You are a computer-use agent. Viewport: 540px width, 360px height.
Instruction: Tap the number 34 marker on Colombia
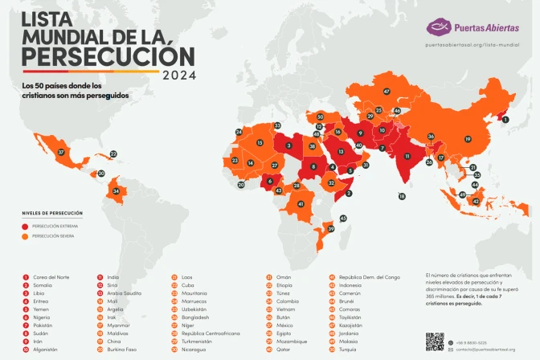pos(117,191)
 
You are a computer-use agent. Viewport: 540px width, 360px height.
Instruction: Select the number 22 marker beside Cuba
pos(113,153)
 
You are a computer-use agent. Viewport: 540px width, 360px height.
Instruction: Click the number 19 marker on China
pos(467,139)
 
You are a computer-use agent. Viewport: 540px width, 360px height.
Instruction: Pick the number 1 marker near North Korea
pos(505,120)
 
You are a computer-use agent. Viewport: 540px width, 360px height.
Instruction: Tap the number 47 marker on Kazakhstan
pos(387,92)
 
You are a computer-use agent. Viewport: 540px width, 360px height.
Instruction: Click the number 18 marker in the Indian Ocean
pos(402,196)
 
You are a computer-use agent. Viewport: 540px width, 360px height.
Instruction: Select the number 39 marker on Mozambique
pos(330,229)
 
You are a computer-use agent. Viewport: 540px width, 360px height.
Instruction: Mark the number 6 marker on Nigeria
pos(269,182)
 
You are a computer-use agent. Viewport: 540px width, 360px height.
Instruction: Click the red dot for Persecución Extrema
pos(26,227)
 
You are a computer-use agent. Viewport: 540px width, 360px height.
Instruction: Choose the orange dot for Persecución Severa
pos(26,236)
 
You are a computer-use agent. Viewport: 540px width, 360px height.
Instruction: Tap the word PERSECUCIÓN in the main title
pos(108,56)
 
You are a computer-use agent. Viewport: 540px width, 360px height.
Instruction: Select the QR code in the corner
pos(435,342)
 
